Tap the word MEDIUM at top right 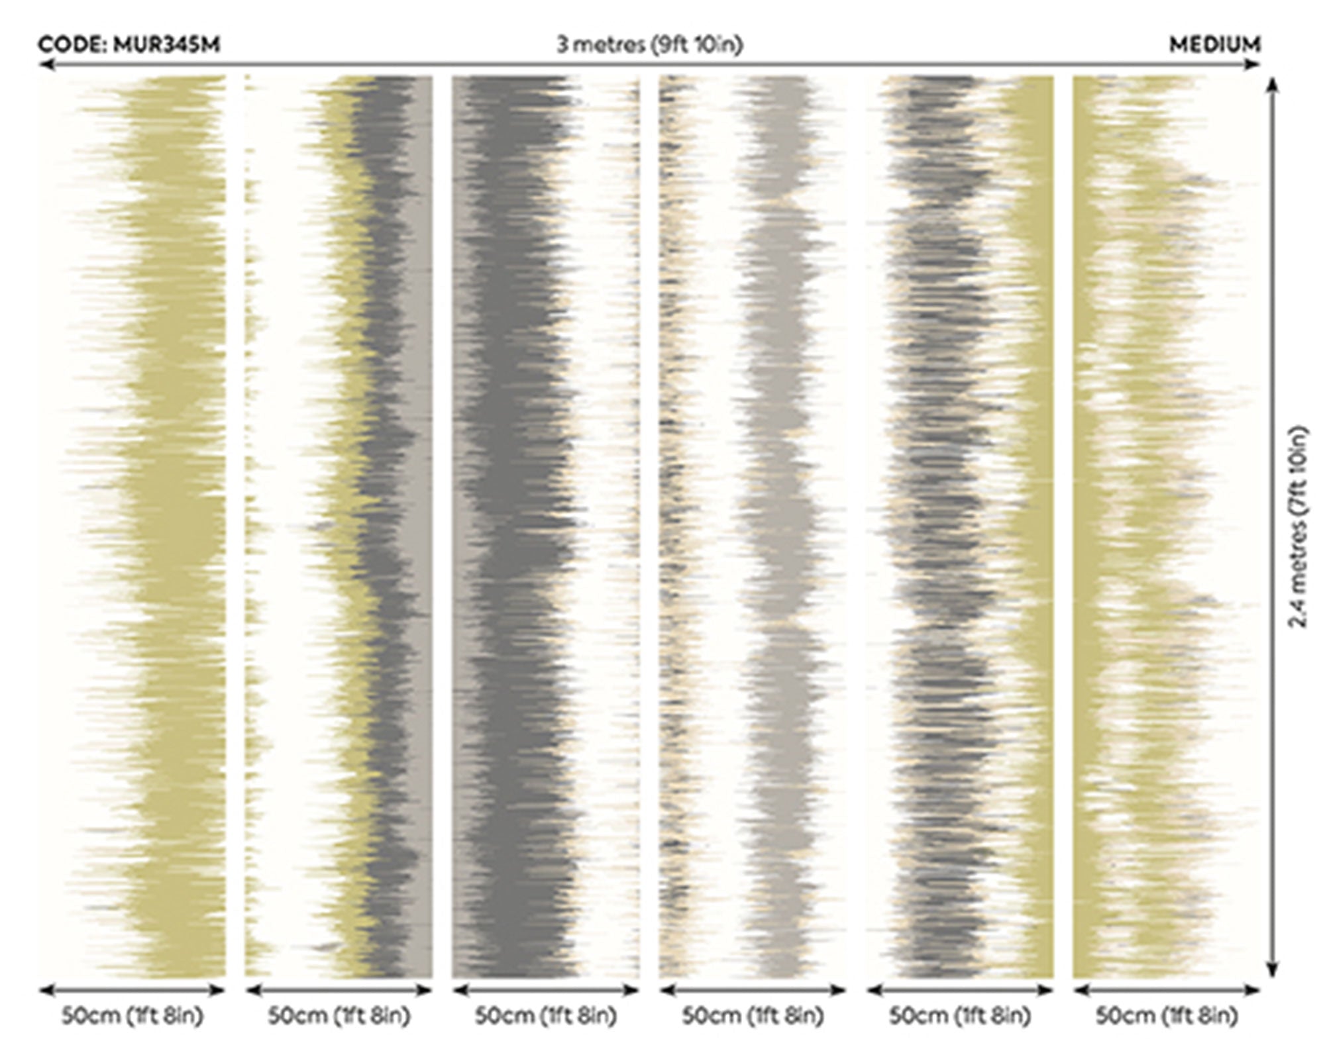pos(1214,45)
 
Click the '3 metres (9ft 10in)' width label pos(649,44)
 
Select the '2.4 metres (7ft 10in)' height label pos(1298,526)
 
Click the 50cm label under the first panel pos(132,1015)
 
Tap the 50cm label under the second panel pos(339,1015)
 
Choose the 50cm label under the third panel pos(546,1015)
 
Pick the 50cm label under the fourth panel pos(753,1015)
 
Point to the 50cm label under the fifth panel pos(960,1015)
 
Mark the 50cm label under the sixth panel pos(1167,1015)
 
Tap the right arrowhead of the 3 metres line pos(1253,64)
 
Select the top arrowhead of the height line pos(1271,85)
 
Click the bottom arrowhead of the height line pos(1271,969)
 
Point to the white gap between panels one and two pos(236,526)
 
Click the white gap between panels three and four pos(649,526)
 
